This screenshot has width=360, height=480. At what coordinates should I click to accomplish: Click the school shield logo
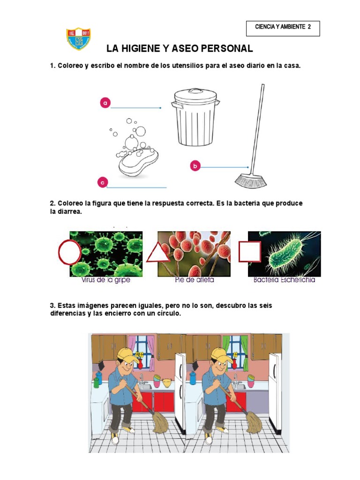78,39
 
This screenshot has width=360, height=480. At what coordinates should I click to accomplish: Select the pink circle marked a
105,103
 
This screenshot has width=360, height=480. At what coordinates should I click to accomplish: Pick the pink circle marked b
195,165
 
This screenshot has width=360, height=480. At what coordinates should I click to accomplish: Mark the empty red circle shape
69,253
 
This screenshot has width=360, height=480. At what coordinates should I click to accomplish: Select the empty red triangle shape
158,254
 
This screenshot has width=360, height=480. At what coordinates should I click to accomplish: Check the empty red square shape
249,251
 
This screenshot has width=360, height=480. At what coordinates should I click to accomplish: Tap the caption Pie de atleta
194,280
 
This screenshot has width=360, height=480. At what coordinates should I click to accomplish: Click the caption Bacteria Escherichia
284,280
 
